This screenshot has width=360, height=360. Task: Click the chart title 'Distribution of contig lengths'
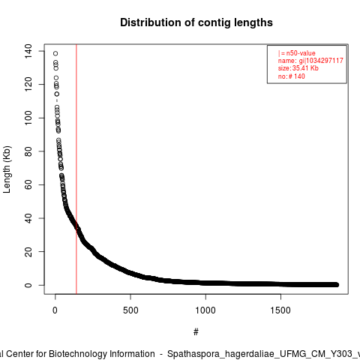point(196,22)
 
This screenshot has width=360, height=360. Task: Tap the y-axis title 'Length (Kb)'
point(7,169)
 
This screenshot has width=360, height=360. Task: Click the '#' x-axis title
point(196,332)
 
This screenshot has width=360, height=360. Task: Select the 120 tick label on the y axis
point(28,85)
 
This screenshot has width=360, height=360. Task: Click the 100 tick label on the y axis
point(28,118)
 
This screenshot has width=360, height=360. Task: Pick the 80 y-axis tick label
point(28,151)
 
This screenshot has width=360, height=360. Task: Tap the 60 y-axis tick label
point(28,184)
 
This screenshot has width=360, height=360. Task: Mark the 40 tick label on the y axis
point(28,218)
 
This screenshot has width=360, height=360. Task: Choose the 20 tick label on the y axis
point(28,251)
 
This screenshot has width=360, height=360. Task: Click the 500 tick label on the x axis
point(130,310)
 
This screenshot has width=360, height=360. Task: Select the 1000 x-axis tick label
point(205,310)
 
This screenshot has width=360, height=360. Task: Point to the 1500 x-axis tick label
point(280,310)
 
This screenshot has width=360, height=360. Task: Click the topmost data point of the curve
point(55,53)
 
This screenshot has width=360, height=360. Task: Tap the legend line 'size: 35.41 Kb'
point(298,68)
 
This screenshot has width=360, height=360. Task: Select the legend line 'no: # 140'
point(292,76)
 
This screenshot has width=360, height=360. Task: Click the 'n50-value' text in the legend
point(301,53)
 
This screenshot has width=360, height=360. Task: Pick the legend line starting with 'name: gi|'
point(310,61)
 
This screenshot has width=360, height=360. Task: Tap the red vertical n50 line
point(76,169)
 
